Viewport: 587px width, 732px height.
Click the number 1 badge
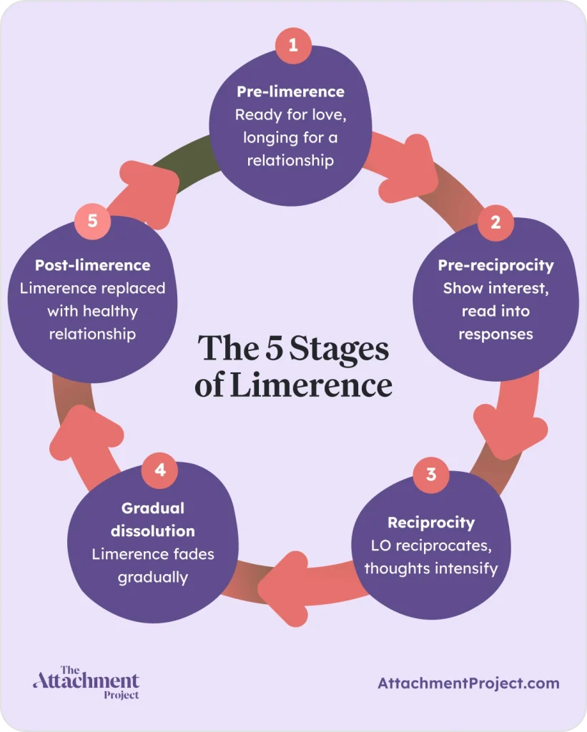[293, 45]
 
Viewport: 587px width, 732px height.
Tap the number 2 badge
[495, 221]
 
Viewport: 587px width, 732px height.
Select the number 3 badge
[431, 474]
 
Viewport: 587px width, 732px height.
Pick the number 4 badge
[160, 470]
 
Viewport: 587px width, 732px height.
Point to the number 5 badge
[93, 220]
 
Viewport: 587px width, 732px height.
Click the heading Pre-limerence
[290, 91]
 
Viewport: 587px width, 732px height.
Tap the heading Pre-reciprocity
[495, 265]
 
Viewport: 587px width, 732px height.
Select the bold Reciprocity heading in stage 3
[430, 523]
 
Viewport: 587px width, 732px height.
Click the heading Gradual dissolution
[152, 520]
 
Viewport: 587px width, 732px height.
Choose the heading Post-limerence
[93, 265]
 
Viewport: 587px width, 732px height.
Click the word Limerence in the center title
[311, 385]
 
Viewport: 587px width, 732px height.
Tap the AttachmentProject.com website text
[468, 683]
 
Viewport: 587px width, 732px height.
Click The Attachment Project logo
[86, 682]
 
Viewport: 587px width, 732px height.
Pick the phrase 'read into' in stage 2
[495, 312]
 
